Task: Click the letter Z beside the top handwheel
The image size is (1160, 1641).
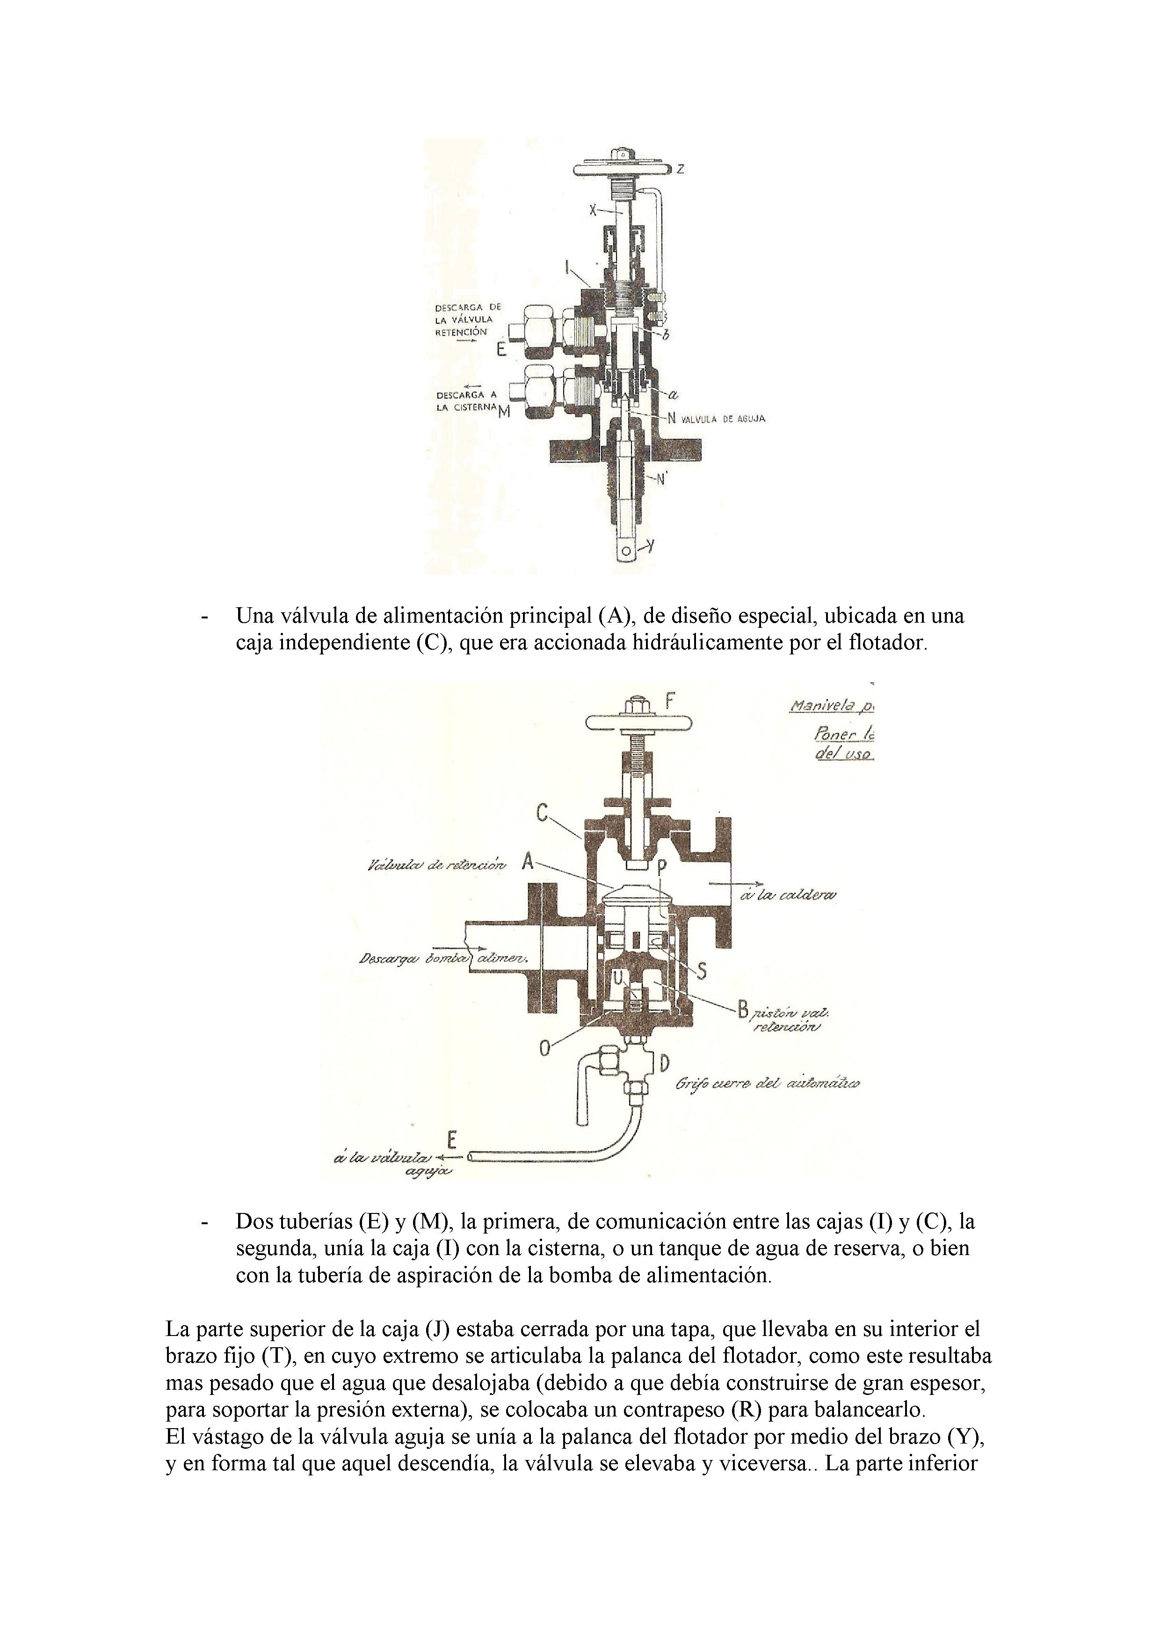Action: click(681, 169)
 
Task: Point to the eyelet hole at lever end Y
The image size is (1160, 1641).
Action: click(626, 551)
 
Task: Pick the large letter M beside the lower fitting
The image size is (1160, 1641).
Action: click(505, 413)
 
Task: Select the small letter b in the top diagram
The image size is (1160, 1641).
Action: click(666, 336)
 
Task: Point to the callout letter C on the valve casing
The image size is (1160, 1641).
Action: click(543, 813)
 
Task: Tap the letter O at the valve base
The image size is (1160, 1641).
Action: click(546, 1048)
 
